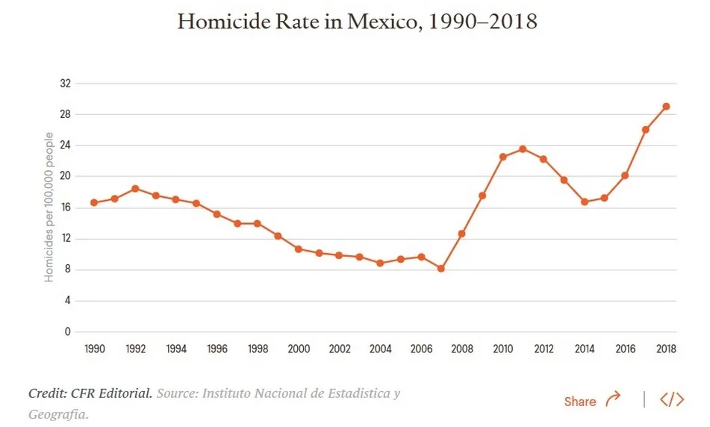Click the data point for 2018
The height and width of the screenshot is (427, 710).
(x=666, y=107)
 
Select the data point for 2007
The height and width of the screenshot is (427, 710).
(x=441, y=269)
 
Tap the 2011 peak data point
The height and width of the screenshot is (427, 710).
(x=523, y=149)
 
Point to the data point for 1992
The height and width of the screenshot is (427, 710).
(x=135, y=188)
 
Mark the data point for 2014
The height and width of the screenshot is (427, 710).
(x=585, y=202)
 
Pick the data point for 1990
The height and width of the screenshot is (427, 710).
(x=94, y=202)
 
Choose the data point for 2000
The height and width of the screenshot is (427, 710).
(x=299, y=249)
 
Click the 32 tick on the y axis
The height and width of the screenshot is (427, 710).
(x=66, y=84)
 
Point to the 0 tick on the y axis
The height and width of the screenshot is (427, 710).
(x=67, y=331)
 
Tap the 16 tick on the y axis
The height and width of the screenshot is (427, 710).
(x=66, y=208)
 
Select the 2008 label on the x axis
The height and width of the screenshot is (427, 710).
(x=462, y=349)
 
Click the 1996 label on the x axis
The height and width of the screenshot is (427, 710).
(x=217, y=349)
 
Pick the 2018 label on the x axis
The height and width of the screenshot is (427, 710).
(x=666, y=349)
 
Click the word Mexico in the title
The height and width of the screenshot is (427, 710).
(x=382, y=22)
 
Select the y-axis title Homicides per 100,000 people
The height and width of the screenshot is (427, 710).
(x=49, y=207)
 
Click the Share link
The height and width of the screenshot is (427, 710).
(x=592, y=400)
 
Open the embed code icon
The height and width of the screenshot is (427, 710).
(x=672, y=399)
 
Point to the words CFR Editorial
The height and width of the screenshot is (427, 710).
(x=111, y=393)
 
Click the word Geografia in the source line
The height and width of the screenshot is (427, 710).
(x=58, y=414)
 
